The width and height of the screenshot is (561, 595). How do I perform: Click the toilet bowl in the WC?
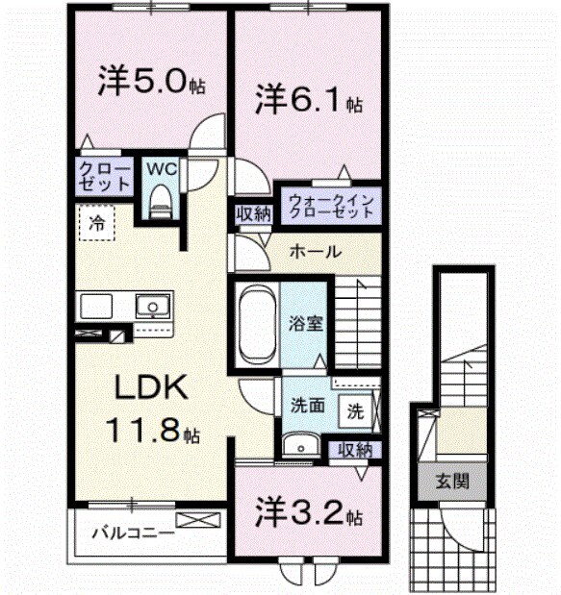tap(161, 199)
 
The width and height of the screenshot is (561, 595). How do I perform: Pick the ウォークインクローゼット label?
tap(327, 205)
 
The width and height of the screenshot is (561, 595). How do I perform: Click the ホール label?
tap(314, 252)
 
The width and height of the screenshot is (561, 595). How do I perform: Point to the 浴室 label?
tap(308, 323)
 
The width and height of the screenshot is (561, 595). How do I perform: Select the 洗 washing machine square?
tap(355, 410)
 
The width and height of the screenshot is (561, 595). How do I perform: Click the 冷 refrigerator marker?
tap(96, 222)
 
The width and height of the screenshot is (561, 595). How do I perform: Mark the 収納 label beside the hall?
tap(253, 213)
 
